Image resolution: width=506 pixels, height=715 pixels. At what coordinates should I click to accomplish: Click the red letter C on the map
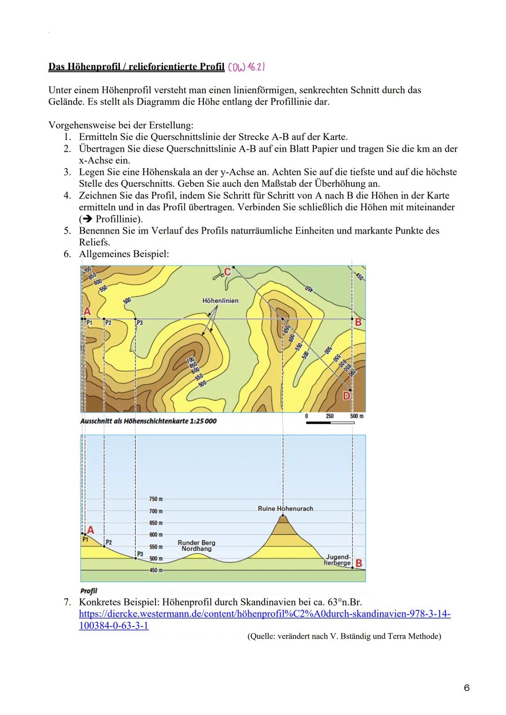[227, 272]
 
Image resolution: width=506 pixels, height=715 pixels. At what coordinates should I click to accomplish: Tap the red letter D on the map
[346, 396]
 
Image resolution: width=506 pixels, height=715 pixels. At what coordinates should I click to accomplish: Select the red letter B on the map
[358, 323]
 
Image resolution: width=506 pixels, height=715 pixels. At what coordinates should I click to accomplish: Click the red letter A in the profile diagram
[90, 530]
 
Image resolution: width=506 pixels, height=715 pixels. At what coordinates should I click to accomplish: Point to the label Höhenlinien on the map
[220, 301]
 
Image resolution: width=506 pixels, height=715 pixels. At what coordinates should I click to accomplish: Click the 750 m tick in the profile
[156, 499]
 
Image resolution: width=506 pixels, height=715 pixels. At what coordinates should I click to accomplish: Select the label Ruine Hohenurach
[285, 509]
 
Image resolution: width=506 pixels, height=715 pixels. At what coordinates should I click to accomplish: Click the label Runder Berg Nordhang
[196, 545]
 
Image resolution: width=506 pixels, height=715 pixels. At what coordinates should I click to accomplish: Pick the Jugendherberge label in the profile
[338, 560]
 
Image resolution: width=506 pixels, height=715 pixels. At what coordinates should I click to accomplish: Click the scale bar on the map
[330, 422]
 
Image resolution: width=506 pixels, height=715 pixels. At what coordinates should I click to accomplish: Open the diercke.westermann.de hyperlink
[265, 614]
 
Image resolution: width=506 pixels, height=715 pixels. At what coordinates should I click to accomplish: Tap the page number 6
[466, 688]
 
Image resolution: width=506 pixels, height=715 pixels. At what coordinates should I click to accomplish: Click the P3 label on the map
[140, 323]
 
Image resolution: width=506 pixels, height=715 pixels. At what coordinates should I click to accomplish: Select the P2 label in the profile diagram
[108, 542]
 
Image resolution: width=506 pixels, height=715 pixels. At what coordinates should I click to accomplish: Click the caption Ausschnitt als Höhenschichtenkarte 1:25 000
[149, 421]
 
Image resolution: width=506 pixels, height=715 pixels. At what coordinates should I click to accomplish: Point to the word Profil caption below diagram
[89, 591]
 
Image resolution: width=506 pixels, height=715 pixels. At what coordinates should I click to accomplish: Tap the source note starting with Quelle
[344, 636]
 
